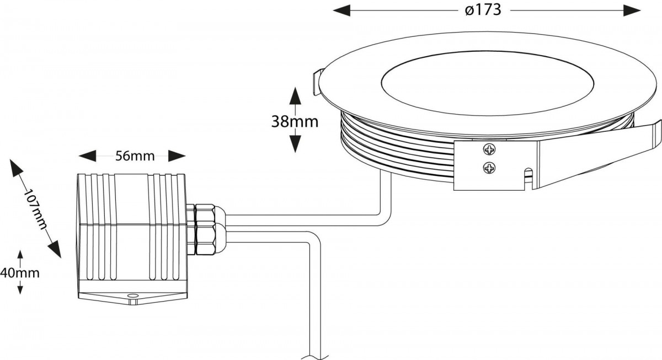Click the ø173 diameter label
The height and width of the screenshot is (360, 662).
pyautogui.click(x=483, y=10)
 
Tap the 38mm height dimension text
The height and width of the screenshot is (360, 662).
pyautogui.click(x=295, y=121)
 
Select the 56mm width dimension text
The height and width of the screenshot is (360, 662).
pyautogui.click(x=135, y=156)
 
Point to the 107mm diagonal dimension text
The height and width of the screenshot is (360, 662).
pyautogui.click(x=35, y=209)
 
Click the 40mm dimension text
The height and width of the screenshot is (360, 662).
pyautogui.click(x=20, y=273)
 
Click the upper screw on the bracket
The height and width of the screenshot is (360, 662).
pyautogui.click(x=489, y=149)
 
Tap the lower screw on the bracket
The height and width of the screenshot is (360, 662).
pyautogui.click(x=489, y=168)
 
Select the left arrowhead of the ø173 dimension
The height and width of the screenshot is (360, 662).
pyautogui.click(x=341, y=10)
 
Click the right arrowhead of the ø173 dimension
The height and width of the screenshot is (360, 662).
pyautogui.click(x=632, y=10)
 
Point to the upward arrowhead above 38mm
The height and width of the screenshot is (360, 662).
pyautogui.click(x=295, y=96)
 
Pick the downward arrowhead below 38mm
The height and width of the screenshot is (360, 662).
pyautogui.click(x=295, y=144)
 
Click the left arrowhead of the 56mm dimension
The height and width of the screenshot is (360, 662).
pyautogui.click(x=88, y=156)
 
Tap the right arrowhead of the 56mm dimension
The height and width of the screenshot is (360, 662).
pyautogui.click(x=177, y=156)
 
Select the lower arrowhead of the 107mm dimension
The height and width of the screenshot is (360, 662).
pyautogui.click(x=55, y=249)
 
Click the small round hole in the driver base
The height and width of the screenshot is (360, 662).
pyautogui.click(x=132, y=295)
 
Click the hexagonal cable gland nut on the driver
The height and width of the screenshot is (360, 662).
pyautogui.click(x=205, y=229)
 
